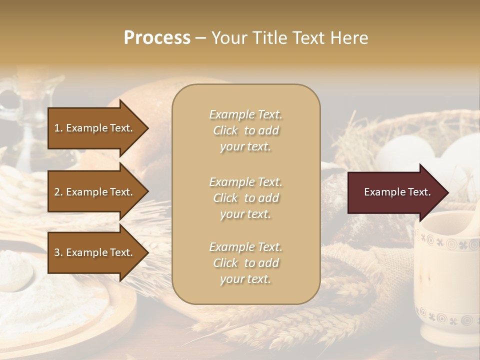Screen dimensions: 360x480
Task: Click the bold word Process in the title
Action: point(157,38)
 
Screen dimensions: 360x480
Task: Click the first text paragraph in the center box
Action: point(245,130)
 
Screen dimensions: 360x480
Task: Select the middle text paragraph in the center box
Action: point(245,198)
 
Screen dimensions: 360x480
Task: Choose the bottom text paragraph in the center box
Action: point(245,263)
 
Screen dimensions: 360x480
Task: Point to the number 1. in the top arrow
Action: point(58,128)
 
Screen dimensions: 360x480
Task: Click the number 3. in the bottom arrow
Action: point(58,252)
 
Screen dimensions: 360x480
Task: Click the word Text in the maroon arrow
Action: point(419,192)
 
